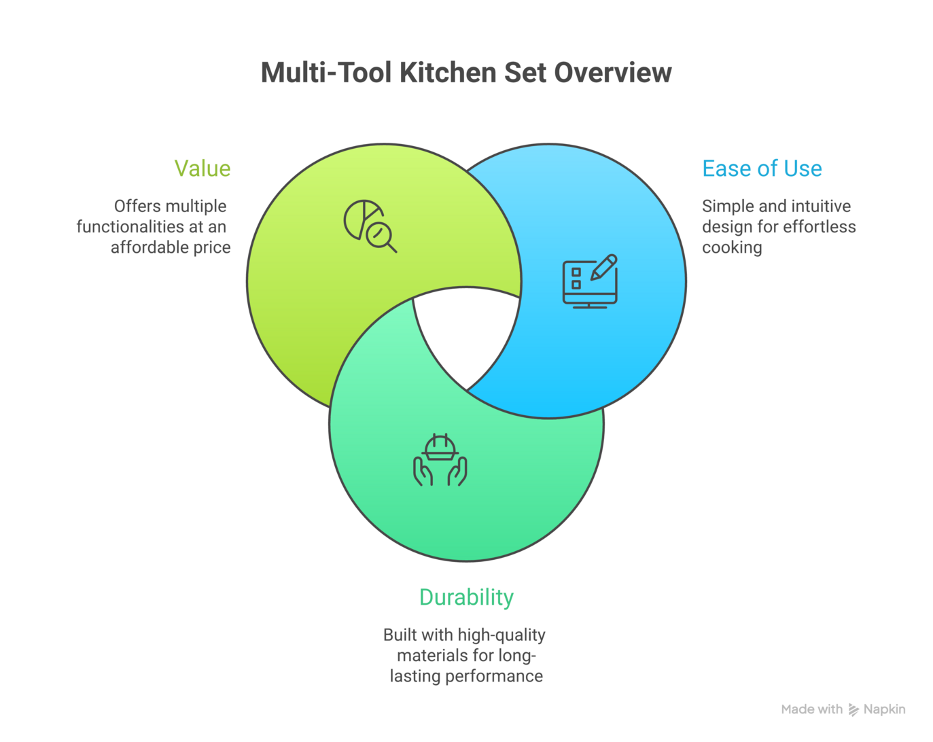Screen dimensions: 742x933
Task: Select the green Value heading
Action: (202, 169)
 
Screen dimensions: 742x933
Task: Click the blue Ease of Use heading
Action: (762, 169)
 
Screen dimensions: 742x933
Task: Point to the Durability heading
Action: (466, 597)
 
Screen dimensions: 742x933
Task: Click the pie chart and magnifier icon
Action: (370, 226)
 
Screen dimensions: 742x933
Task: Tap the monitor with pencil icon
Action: (590, 282)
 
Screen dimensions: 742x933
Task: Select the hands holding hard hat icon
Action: (440, 460)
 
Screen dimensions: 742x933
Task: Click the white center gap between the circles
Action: (467, 333)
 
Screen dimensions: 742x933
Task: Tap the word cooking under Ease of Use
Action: (732, 247)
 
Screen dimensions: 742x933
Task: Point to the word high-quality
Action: (501, 635)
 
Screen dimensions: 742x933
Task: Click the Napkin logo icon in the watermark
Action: (853, 709)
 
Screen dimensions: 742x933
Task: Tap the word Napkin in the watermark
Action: (884, 709)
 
